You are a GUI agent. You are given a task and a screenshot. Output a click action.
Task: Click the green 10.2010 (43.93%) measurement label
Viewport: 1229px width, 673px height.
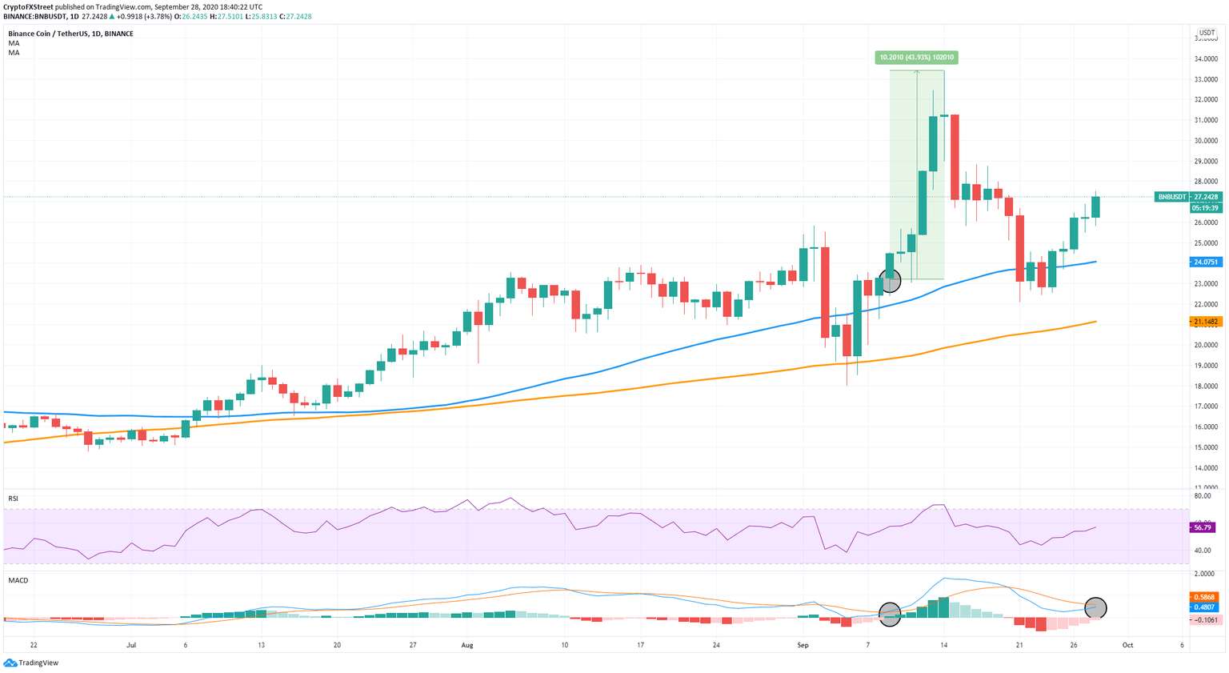917,58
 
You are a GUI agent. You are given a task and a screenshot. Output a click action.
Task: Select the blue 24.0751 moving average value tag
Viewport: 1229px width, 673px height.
1205,262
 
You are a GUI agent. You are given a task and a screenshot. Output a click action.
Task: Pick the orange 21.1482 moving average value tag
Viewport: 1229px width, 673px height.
1205,322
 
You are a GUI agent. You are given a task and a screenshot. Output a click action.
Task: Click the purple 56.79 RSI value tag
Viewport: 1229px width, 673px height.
1203,527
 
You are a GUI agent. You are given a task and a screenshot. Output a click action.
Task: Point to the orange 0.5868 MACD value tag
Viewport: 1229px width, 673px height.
1204,597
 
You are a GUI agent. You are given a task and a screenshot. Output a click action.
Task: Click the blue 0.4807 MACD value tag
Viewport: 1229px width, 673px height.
1204,607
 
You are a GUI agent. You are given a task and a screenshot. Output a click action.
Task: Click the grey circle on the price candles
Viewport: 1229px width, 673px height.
890,281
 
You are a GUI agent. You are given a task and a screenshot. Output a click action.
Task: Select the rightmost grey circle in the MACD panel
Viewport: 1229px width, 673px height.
1095,608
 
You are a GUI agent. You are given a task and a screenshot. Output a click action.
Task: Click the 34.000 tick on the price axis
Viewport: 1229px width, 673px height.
1206,59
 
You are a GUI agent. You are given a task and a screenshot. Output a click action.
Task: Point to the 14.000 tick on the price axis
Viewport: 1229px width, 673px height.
1206,468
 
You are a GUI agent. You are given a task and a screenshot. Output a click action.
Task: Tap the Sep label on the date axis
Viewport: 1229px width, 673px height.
803,644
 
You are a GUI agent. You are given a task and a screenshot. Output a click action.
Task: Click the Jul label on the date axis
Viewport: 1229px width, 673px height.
131,644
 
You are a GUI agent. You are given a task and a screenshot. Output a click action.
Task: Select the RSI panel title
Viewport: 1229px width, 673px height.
14,499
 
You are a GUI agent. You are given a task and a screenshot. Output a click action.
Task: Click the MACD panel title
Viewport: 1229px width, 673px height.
18,580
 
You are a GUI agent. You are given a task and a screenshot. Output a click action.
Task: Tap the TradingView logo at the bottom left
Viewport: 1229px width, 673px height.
31,663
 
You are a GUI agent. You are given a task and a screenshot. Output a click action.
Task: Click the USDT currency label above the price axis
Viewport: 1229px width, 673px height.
1207,33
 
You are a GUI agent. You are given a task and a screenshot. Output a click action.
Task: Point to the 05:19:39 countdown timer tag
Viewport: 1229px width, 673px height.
1205,208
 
